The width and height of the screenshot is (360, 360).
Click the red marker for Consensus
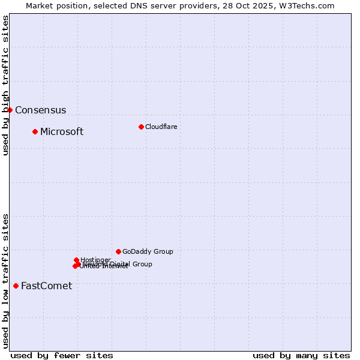(10, 110)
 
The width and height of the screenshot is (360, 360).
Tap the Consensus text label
(40, 110)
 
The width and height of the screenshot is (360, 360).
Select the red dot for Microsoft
(35, 131)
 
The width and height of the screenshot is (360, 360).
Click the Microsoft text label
(62, 132)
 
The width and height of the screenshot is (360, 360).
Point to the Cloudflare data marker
(141, 127)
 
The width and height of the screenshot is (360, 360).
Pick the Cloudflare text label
(161, 127)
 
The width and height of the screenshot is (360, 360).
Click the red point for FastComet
(16, 286)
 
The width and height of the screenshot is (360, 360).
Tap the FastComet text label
(46, 286)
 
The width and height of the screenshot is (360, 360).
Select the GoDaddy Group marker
(118, 251)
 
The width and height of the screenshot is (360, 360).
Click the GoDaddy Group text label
(148, 252)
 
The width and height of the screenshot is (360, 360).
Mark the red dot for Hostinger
(76, 260)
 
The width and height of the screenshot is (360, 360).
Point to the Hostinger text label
(95, 260)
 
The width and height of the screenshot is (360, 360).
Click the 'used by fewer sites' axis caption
(62, 355)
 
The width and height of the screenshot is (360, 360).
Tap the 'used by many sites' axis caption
(301, 355)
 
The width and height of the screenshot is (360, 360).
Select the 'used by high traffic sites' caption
(5, 86)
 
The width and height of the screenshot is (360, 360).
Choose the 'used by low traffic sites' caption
(5, 280)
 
